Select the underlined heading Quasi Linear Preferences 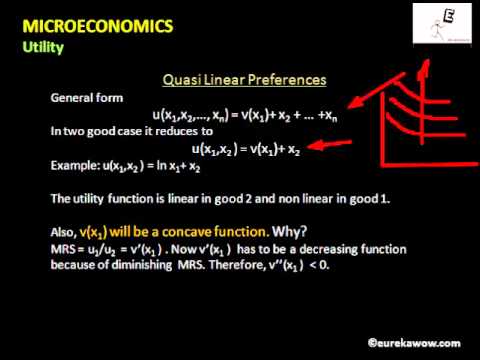pyautogui.click(x=245, y=79)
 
